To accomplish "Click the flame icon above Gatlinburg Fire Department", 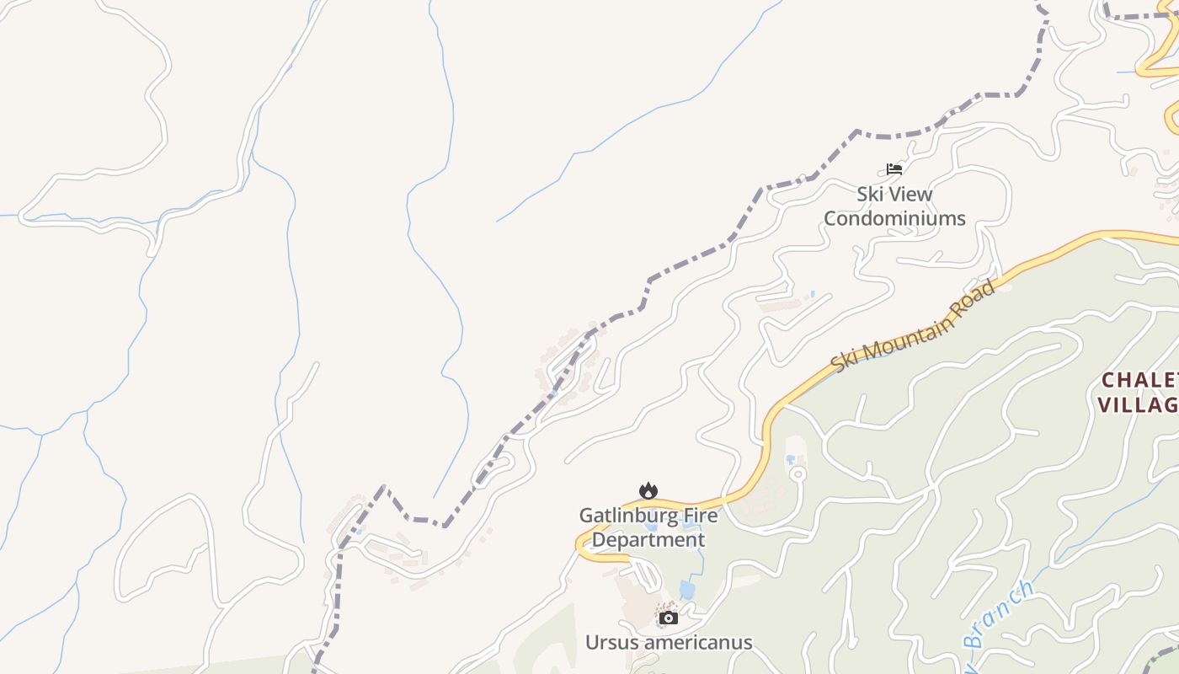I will (x=648, y=490).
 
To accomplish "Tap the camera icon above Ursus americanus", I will (x=669, y=618).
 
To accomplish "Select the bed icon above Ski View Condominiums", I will (x=894, y=169).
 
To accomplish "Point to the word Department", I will (x=648, y=539).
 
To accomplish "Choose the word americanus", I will (x=696, y=643).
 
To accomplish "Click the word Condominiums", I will (x=894, y=218).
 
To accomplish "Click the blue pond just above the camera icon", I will (x=687, y=590).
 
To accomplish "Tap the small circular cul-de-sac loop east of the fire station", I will (x=798, y=474).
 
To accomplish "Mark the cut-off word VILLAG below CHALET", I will (x=1137, y=405).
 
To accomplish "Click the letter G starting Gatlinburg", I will (x=586, y=515).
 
